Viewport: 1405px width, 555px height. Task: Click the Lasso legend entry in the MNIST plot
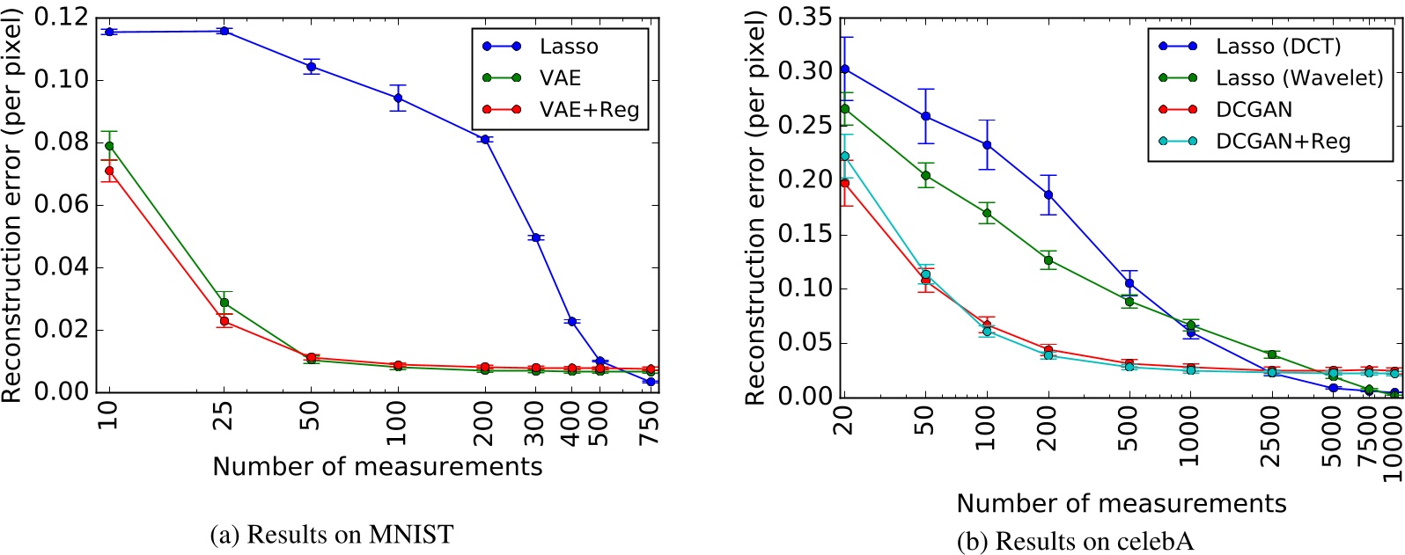(568, 47)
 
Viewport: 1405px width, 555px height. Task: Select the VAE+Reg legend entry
(588, 111)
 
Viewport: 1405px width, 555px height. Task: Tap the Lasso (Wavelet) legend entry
(1298, 78)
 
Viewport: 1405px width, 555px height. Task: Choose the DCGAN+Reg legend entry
(1283, 142)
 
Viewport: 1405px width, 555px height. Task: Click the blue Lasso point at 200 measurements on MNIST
(484, 140)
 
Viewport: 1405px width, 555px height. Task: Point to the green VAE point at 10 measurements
(109, 146)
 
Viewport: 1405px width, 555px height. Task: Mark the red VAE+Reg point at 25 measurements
(224, 321)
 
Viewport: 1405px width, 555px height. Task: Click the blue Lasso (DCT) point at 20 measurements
(845, 69)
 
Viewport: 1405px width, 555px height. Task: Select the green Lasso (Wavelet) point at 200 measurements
(1048, 260)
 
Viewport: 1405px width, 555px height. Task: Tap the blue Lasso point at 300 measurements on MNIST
(535, 237)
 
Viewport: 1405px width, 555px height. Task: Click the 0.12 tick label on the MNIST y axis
(62, 18)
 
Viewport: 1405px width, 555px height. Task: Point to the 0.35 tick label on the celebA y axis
(805, 18)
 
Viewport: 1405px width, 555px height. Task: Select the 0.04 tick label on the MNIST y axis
(62, 267)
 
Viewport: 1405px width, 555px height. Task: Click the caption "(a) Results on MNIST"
(332, 534)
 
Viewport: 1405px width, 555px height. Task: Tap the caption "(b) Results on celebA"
(1075, 541)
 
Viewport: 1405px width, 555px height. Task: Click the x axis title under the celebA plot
(1121, 504)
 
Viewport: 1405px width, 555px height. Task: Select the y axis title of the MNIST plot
(11, 207)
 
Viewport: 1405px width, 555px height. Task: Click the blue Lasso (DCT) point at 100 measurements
(987, 145)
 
